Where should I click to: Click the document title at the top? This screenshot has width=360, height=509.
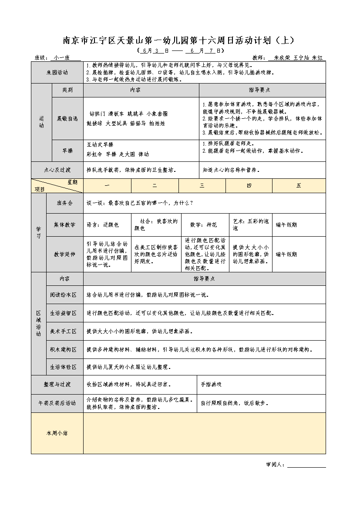coord(179,40)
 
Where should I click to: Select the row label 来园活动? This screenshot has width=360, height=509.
coord(57,72)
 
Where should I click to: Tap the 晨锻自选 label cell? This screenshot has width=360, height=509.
coord(67,119)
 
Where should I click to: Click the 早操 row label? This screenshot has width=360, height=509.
coord(67,151)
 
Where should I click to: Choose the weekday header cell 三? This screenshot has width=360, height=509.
coord(202,186)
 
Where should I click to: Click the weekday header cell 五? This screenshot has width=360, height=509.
coord(299,186)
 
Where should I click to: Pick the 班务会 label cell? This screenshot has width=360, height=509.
coord(65,203)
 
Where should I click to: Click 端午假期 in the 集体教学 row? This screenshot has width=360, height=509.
coord(286,225)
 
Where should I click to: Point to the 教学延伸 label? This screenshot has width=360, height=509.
coord(65,254)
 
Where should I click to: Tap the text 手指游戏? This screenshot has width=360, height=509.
coord(211,385)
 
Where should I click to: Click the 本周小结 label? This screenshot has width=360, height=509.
coord(57,433)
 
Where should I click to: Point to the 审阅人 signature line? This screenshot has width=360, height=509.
coord(306,465)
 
